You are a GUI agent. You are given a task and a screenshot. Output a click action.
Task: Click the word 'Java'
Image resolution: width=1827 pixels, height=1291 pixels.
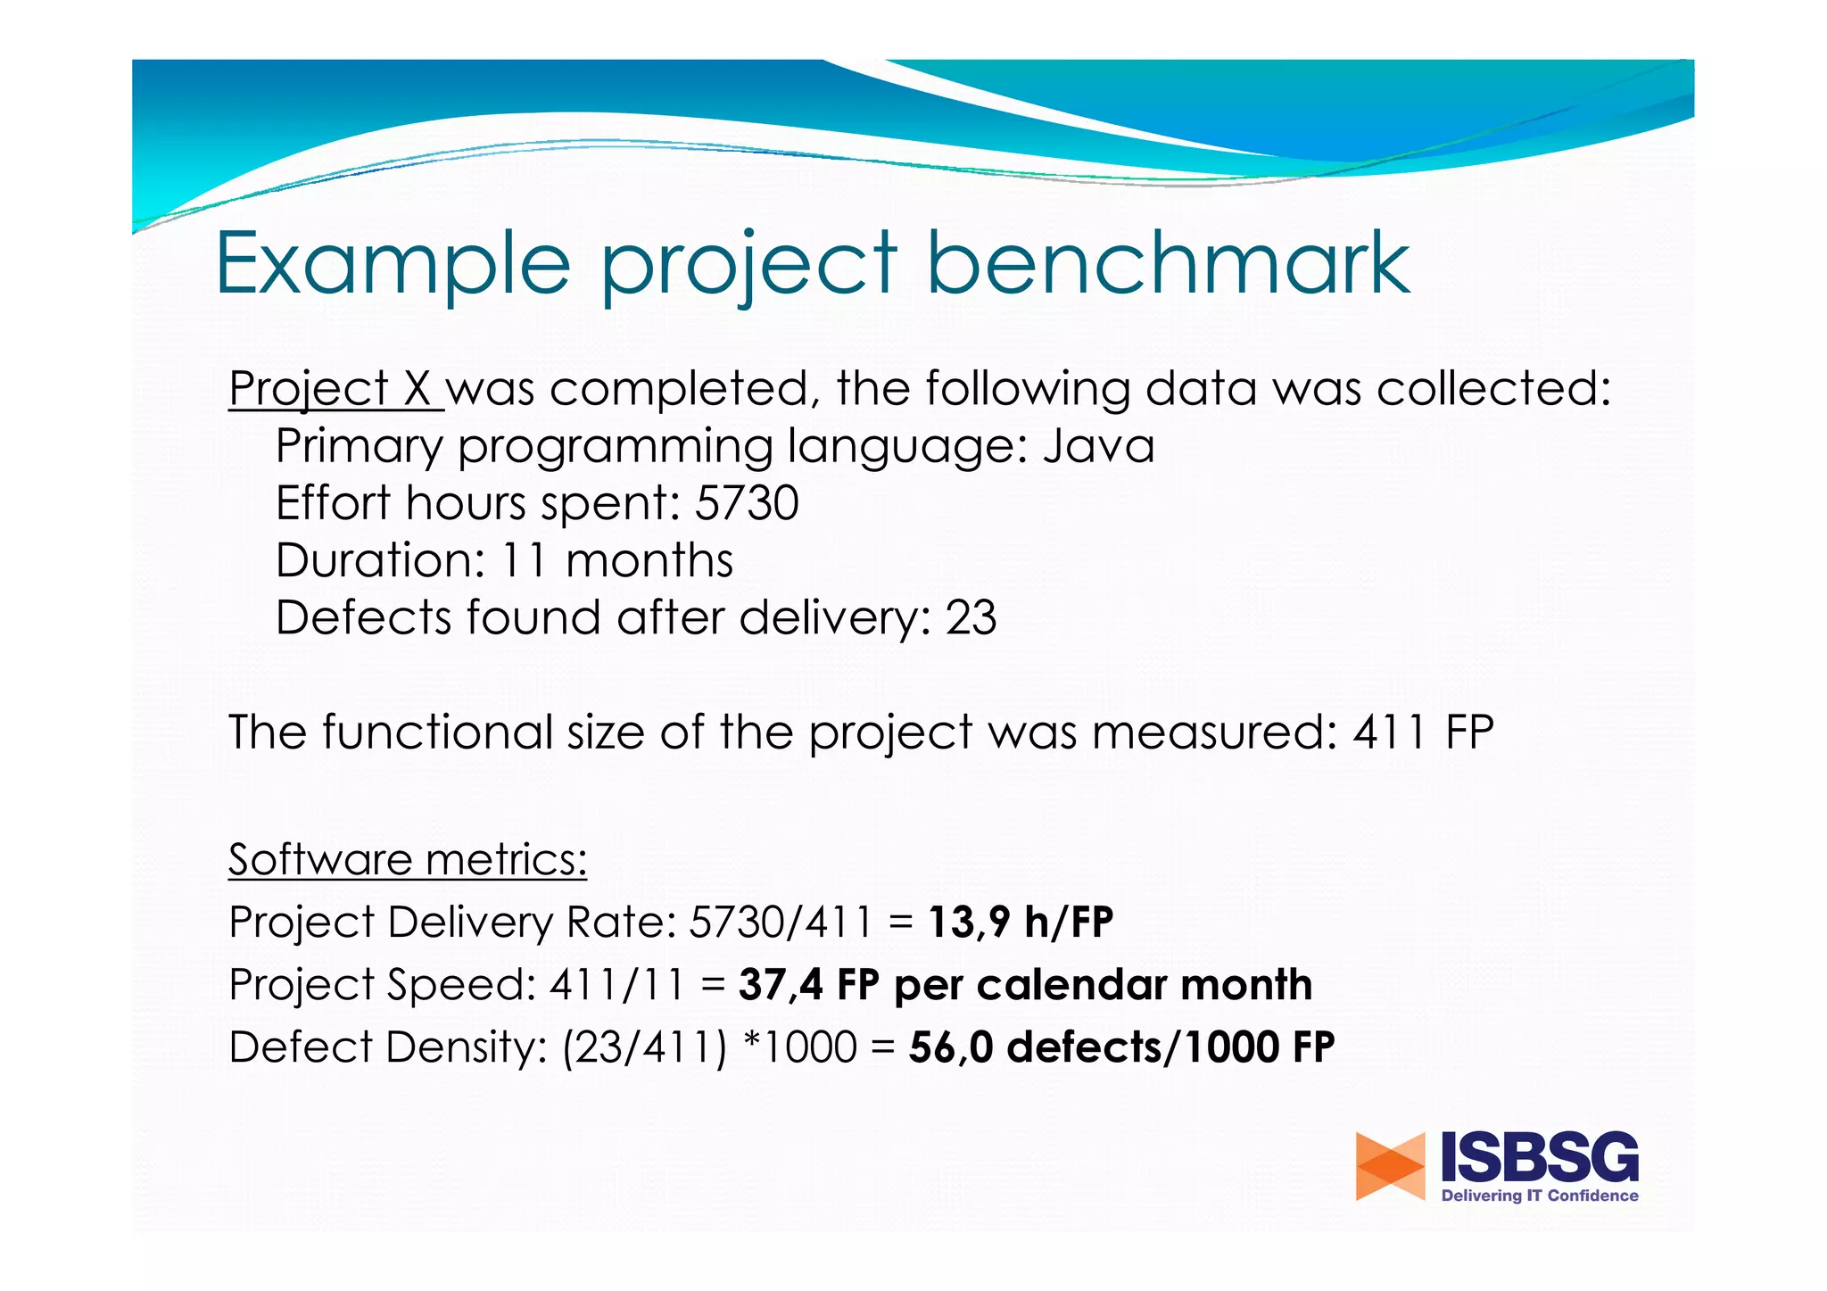pos(1098,445)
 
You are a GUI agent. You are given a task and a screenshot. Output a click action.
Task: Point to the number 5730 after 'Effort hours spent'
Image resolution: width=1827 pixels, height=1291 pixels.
pos(747,503)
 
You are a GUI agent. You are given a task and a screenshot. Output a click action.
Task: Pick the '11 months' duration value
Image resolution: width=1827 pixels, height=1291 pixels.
pos(616,560)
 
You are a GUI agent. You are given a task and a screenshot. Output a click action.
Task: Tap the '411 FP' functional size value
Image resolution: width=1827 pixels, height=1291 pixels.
pos(1423,732)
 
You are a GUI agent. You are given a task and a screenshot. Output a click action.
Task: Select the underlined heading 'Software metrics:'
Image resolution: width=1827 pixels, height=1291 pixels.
pos(407,859)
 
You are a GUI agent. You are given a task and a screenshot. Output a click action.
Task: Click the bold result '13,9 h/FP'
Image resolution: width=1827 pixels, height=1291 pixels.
pos(1021,922)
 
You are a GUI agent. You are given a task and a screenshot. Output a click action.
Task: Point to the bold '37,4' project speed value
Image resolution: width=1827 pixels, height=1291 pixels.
pos(781,985)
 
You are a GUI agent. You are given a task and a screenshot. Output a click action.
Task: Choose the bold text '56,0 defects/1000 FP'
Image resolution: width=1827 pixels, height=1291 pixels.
pos(1121,1047)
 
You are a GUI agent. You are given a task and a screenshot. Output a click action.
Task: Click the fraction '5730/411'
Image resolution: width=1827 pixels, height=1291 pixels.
pos(781,922)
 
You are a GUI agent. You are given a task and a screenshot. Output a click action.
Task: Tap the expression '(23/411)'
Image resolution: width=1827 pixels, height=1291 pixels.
pos(645,1047)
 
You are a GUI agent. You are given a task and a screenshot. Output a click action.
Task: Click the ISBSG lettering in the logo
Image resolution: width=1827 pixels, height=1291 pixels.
pos(1540,1158)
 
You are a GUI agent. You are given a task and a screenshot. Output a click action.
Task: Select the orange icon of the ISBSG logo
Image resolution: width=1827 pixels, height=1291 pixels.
pos(1390,1166)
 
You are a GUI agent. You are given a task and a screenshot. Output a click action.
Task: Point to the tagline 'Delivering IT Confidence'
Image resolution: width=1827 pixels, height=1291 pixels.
pos(1540,1196)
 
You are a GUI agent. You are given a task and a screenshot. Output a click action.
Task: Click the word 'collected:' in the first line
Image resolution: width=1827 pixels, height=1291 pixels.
pos(1493,389)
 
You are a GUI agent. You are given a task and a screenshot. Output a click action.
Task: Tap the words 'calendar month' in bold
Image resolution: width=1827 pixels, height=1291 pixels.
pos(1145,985)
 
